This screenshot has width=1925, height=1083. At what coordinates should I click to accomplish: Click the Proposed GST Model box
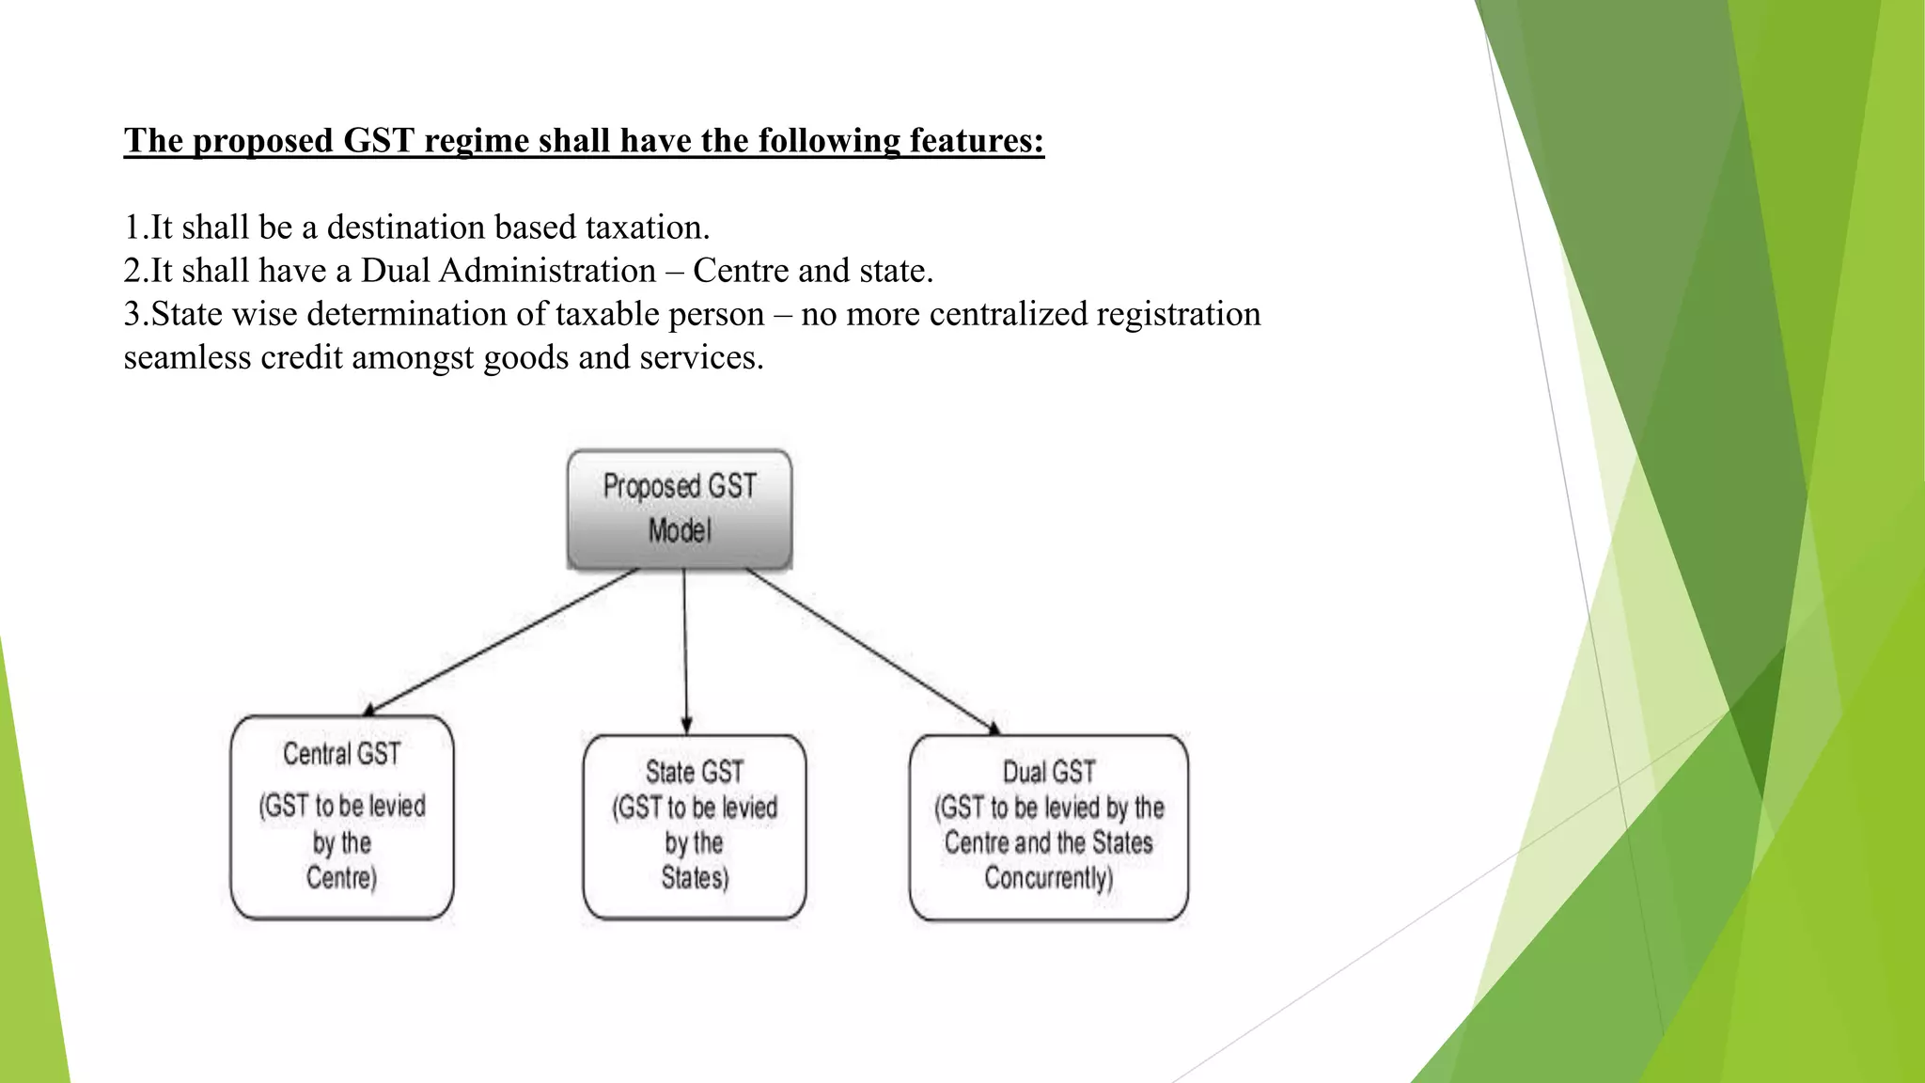(679, 509)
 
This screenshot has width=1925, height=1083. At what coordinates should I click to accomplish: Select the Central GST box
(342, 816)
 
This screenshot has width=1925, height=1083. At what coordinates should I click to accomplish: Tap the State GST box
(694, 826)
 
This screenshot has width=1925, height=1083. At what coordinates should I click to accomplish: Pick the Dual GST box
(1048, 826)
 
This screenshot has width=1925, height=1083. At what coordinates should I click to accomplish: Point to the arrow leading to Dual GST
(872, 651)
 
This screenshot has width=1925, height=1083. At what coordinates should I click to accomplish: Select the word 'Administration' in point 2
(547, 271)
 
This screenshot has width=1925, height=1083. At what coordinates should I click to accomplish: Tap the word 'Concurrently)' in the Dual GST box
(1048, 878)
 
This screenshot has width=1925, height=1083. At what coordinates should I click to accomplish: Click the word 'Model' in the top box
(679, 530)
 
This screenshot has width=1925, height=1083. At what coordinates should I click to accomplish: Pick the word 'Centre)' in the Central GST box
(341, 878)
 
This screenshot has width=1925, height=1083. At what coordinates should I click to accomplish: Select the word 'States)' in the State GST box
(695, 878)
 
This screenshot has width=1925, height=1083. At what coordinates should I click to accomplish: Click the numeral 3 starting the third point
(132, 314)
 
